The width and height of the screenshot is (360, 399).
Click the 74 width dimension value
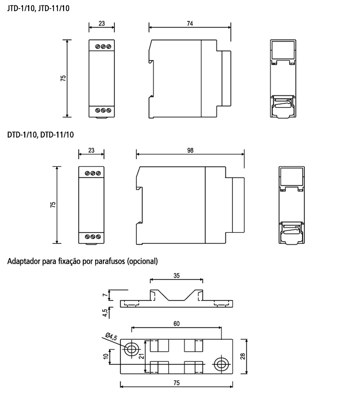[190, 24]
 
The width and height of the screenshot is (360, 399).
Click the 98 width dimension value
[190, 151]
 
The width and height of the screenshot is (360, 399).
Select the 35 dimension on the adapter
[177, 275]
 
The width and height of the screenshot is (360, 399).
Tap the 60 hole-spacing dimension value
[177, 324]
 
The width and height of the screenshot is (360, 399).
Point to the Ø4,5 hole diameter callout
[111, 337]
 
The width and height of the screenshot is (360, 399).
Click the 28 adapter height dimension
[243, 356]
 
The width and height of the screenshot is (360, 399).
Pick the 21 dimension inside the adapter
[142, 356]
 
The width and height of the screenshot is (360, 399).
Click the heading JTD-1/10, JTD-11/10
[38, 8]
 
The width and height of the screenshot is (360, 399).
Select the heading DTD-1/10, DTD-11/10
[40, 135]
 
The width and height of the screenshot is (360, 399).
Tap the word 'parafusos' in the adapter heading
[110, 261]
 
